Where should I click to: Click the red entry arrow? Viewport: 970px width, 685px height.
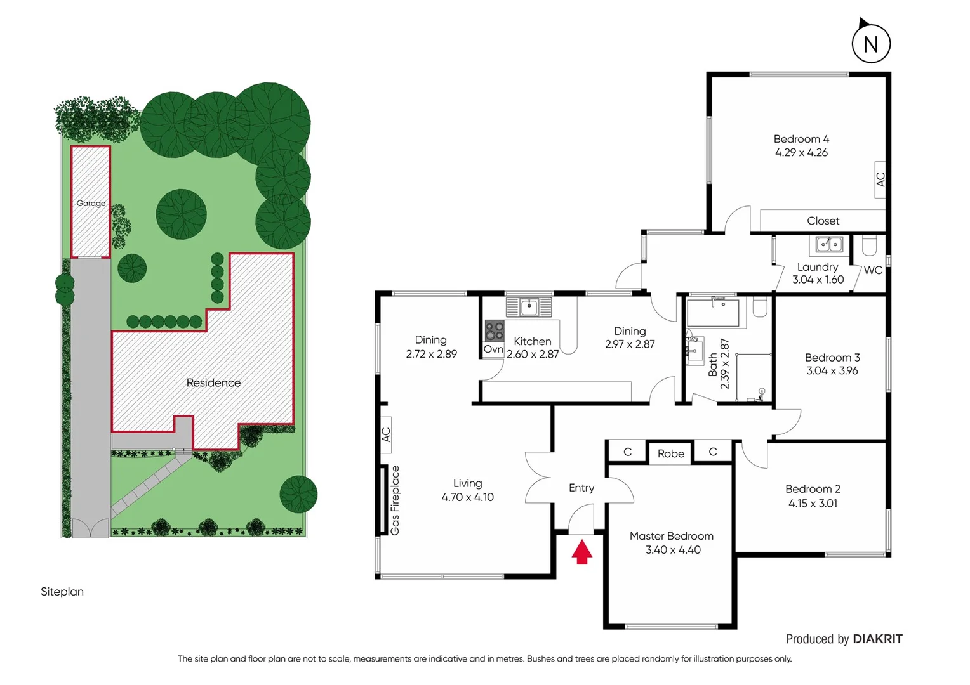[x=581, y=551]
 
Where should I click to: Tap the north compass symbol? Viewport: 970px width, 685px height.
[x=870, y=43]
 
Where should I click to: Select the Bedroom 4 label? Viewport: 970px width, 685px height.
[x=801, y=139]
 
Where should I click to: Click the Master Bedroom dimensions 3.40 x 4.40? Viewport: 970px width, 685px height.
[x=673, y=550]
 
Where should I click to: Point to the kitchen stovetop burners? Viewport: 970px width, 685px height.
[x=494, y=331]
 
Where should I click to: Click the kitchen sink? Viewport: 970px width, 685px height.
[x=529, y=308]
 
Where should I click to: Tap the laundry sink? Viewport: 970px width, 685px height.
[x=829, y=244]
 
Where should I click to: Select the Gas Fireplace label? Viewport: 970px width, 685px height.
[x=395, y=500]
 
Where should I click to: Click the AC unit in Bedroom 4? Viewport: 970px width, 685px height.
[x=880, y=179]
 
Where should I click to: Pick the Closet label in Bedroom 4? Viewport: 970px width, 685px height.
[x=823, y=221]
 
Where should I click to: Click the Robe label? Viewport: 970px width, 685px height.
[x=670, y=453]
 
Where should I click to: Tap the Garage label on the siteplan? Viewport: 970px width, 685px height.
[x=91, y=203]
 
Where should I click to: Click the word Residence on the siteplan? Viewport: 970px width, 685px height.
[x=213, y=382]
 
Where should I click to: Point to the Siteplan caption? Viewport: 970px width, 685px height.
[x=62, y=591]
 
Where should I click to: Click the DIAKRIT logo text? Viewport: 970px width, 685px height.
[x=877, y=639]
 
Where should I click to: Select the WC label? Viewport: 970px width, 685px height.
[x=873, y=270]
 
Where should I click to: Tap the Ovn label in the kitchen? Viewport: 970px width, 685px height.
[x=493, y=349]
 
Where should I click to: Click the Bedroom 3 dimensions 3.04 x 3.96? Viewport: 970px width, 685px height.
[x=832, y=370]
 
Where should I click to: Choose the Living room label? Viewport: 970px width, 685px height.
[x=467, y=483]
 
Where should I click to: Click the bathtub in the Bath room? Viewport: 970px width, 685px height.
[x=713, y=313]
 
